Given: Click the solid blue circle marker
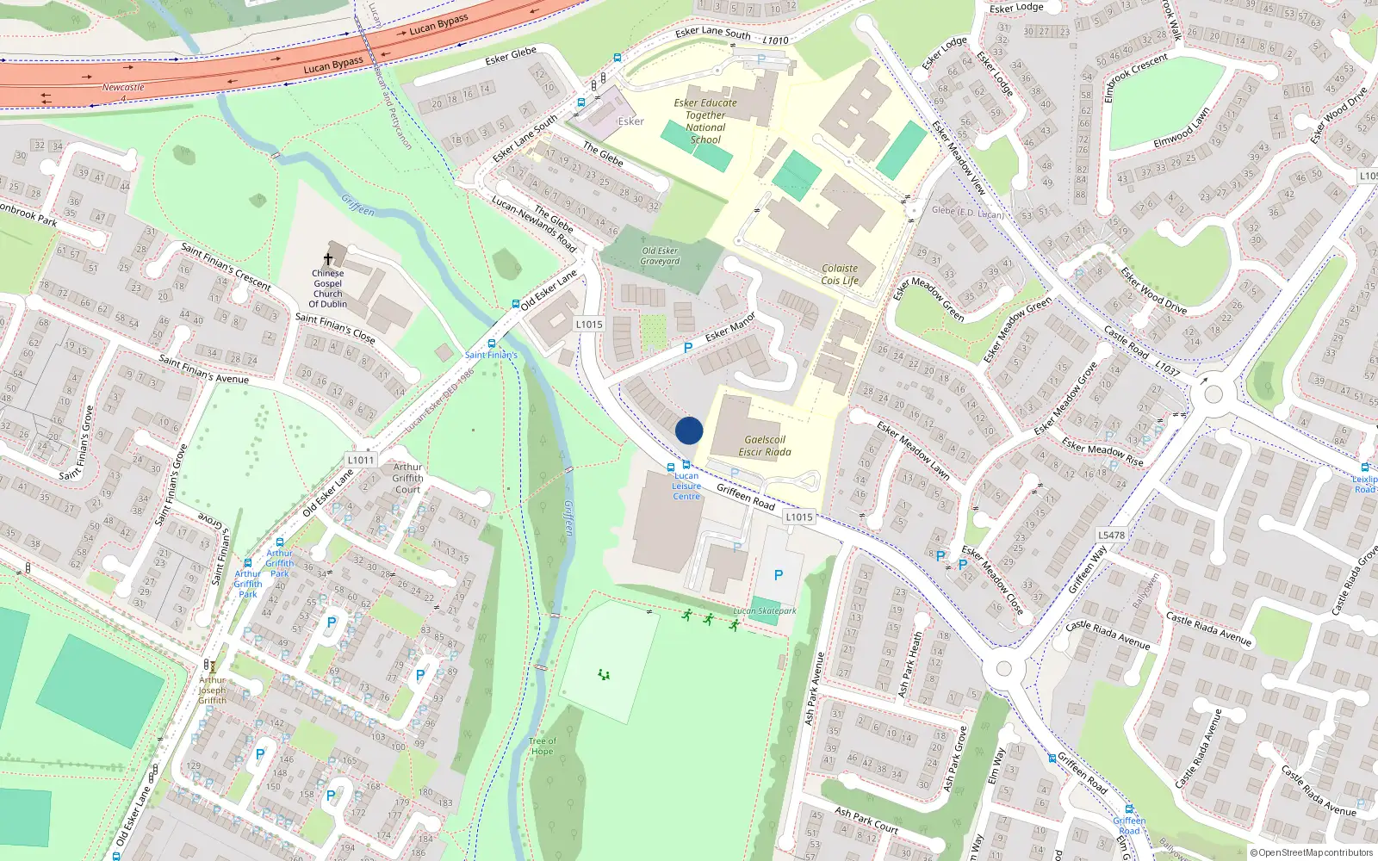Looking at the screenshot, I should [689, 430].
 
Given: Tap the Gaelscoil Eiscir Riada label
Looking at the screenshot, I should [765, 445].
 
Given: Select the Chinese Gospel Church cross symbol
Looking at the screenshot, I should [328, 259].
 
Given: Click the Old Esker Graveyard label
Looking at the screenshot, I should [660, 256].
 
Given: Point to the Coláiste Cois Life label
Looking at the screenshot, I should [840, 274].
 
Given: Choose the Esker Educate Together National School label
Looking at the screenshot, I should [705, 121].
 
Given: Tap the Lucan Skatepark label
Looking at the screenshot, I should [765, 610].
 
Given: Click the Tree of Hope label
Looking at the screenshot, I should [542, 746].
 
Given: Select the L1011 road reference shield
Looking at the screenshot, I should [362, 460].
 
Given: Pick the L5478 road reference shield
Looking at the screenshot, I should [1111, 535].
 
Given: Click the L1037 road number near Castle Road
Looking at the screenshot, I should [1167, 369].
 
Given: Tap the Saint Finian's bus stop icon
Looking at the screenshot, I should [515, 304].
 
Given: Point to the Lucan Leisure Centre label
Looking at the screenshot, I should [686, 486].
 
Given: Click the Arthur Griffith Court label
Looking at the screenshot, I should [407, 478].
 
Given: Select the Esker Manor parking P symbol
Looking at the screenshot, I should [687, 348].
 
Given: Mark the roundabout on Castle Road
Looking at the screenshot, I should [1214, 395].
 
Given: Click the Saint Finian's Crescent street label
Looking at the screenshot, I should [226, 267].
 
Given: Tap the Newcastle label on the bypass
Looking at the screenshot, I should [123, 87].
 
